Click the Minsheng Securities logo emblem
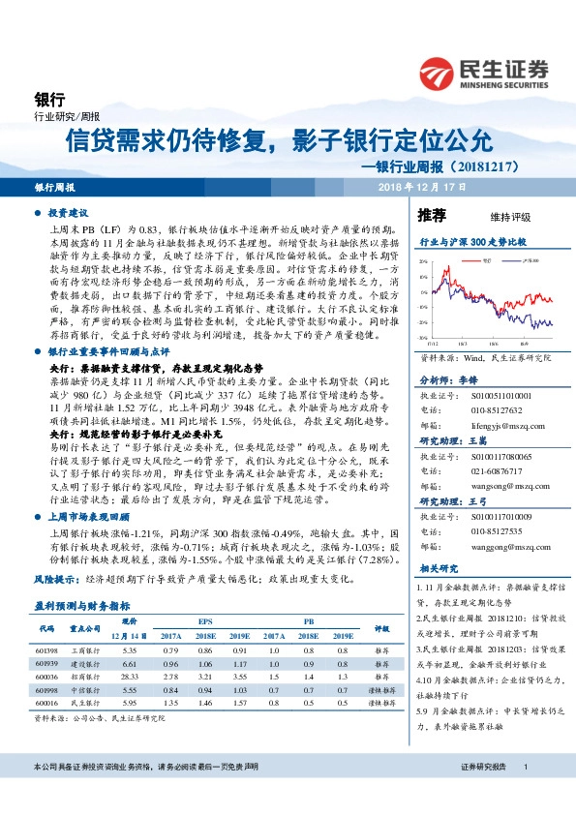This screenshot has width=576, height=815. [x=440, y=74]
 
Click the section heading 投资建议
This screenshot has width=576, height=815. [x=69, y=210]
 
